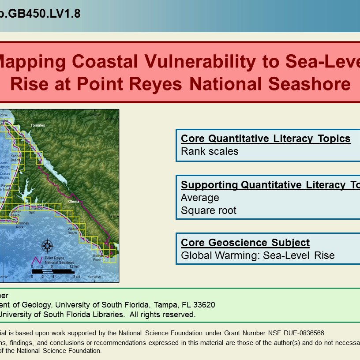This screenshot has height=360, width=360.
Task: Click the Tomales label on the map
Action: point(38,125)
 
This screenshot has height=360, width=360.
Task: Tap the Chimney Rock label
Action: point(22,225)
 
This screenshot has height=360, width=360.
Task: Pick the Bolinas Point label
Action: point(98,258)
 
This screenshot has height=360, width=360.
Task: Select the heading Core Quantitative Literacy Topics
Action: point(266,139)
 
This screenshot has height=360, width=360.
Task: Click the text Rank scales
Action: point(210,151)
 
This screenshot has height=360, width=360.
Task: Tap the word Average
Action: point(200,198)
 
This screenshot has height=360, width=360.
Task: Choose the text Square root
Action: point(209,210)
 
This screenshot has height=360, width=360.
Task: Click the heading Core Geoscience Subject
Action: point(245,243)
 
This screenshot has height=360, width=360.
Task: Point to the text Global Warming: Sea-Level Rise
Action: point(258,255)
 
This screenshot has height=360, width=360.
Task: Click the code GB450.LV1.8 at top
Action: point(42,14)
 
